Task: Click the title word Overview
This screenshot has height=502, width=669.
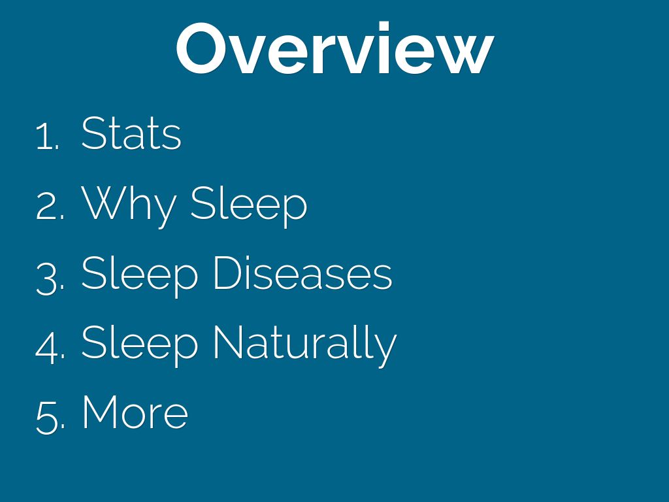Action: pyautogui.click(x=335, y=48)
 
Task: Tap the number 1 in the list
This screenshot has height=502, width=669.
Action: pyautogui.click(x=44, y=136)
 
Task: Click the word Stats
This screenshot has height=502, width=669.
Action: pyautogui.click(x=131, y=133)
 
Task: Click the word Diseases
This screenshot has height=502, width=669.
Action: pyautogui.click(x=302, y=273)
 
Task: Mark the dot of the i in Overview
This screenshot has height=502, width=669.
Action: pyautogui.click(x=383, y=26)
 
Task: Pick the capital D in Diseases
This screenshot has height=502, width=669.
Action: pyautogui.click(x=229, y=273)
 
